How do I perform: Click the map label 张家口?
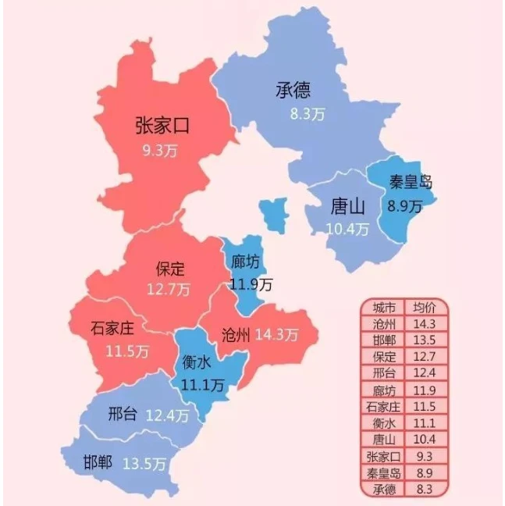[162, 126]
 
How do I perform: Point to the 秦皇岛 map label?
[410, 184]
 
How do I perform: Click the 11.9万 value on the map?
[251, 283]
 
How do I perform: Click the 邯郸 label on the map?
[98, 461]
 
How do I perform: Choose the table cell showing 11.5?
[425, 406]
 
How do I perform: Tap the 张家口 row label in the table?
[384, 457]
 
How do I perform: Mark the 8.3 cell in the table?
[425, 490]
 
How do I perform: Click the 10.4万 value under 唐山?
[347, 229]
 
